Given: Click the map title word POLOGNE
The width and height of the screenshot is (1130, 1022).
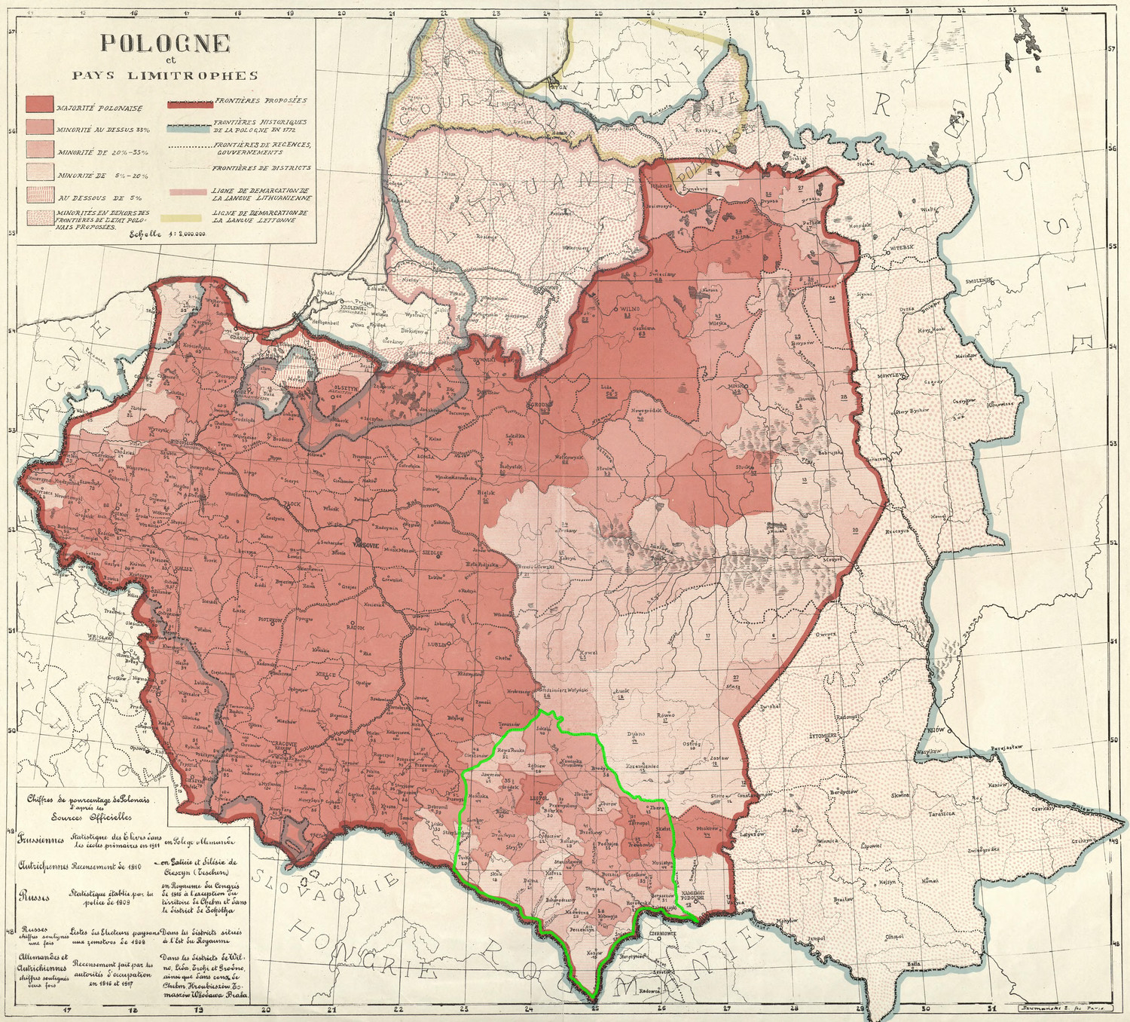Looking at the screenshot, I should click(165, 43).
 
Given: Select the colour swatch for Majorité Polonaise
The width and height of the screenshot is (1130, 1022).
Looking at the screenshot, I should click(39, 105).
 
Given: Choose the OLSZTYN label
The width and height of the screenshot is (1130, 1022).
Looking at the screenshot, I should click(346, 387).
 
